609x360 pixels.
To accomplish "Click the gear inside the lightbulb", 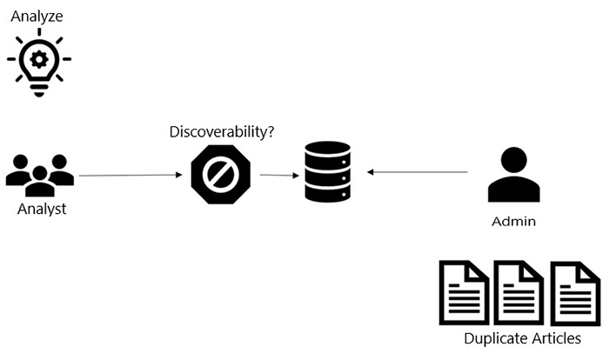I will click(x=39, y=57).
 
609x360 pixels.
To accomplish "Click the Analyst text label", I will click(x=42, y=210).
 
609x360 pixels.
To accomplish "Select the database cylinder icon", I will click(x=327, y=172).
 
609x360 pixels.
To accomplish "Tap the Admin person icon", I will click(x=513, y=177).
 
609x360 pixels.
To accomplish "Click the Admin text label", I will click(x=513, y=222).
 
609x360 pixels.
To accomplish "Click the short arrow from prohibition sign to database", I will click(x=276, y=175).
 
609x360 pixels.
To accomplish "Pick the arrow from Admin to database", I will click(x=418, y=172).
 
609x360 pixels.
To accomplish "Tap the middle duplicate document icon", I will click(x=519, y=291).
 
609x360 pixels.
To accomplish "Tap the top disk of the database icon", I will click(x=327, y=150).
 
